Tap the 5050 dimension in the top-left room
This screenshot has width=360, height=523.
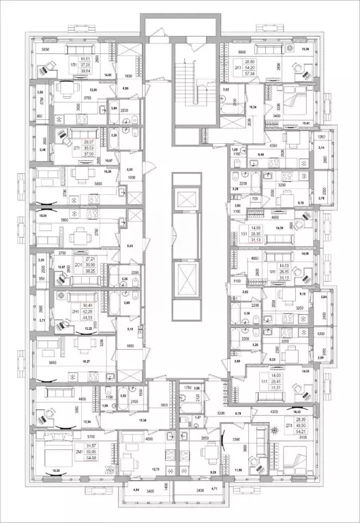(x=46, y=50)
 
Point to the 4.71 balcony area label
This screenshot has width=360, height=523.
(x=213, y=490)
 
